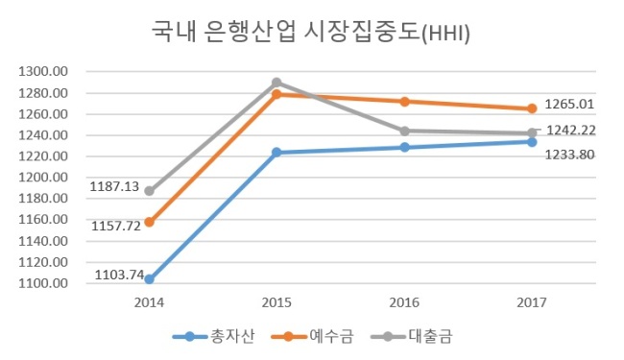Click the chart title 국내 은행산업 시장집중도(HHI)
coord(311,32)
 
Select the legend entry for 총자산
coord(213,337)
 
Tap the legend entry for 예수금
coord(312,337)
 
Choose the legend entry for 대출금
coord(412,337)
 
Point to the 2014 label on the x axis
coord(149,302)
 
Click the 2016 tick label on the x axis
coord(404,302)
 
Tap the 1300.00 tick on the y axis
coord(43,72)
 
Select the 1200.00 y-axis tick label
coord(43,178)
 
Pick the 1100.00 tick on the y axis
coord(43,283)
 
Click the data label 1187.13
coord(114,186)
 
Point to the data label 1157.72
coord(116,226)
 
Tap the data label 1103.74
coord(119,275)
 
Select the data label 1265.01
coord(569,105)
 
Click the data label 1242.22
coord(571,130)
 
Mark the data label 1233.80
coord(569,155)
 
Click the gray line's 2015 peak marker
coord(276,83)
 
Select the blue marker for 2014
coord(149,279)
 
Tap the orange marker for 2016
coord(404,102)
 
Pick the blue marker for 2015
coord(276,153)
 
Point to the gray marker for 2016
coord(404,131)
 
